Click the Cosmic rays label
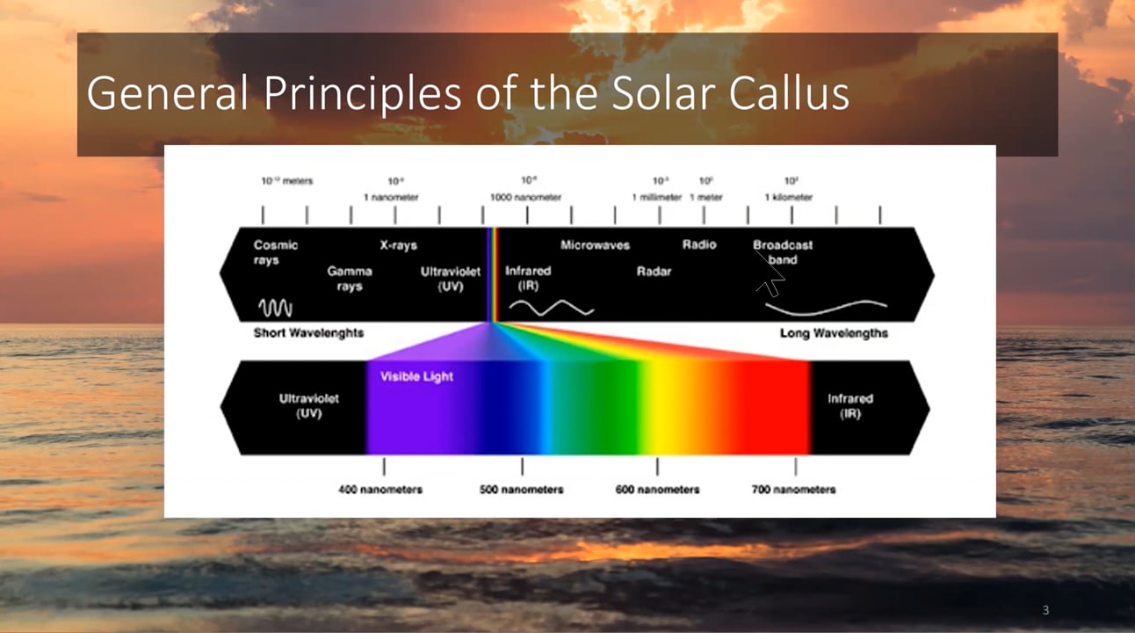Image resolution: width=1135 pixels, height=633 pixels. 276,252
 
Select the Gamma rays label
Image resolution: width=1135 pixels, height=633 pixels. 350,279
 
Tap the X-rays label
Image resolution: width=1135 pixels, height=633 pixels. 398,245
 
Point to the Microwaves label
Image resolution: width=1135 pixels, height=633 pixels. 595,245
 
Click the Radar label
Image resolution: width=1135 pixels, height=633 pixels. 654,272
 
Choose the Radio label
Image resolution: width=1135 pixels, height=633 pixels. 699,244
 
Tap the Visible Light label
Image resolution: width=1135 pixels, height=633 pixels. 416,376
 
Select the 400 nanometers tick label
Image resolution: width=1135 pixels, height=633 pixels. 380,489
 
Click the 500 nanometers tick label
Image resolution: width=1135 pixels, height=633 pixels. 521,489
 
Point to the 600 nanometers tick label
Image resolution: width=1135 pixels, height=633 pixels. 657,489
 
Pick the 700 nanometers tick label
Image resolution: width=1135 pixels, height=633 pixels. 793,489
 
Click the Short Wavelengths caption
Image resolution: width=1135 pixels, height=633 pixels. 308,333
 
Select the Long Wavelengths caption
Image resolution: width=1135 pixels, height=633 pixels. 834,333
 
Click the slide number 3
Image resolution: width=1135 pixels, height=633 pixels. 1045,610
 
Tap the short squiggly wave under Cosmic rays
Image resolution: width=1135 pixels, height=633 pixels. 275,308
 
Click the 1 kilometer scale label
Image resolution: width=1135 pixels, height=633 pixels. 788,198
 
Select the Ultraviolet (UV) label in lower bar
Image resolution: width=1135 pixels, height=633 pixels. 308,405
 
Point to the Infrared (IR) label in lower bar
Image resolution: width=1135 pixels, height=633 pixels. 849,405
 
